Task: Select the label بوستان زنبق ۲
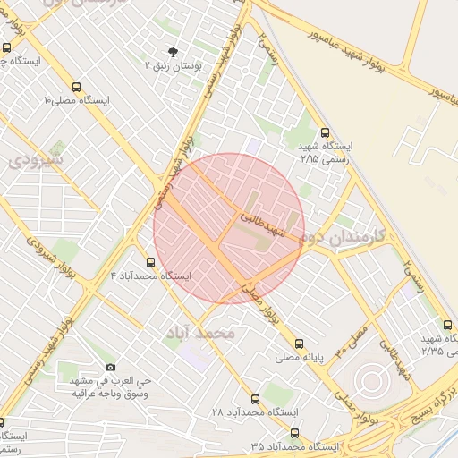click(x=174, y=65)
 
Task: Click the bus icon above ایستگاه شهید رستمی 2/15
click(x=324, y=131)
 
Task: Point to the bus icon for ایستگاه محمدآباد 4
click(x=149, y=263)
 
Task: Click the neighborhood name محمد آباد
click(x=199, y=332)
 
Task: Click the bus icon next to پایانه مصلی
click(x=299, y=343)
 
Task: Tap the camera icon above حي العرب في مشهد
click(x=110, y=367)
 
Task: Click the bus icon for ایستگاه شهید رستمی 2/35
click(x=447, y=325)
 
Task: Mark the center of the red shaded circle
click(x=229, y=228)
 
